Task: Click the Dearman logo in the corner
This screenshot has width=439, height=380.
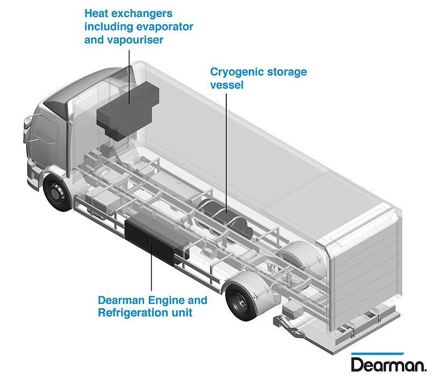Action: tap(388, 364)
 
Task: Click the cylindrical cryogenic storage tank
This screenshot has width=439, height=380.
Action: tap(228, 217)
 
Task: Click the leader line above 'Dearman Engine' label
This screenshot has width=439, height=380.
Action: tap(152, 274)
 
